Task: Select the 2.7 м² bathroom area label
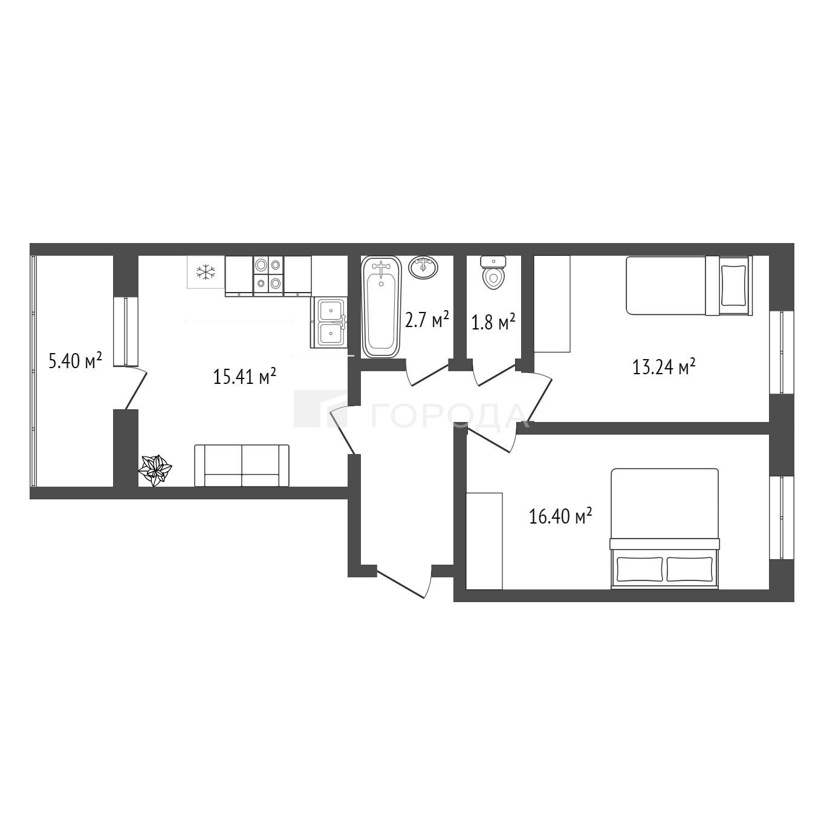427,319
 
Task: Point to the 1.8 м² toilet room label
493,322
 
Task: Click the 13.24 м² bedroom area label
664,366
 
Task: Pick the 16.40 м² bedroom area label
560,516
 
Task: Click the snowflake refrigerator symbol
206,272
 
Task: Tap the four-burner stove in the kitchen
268,276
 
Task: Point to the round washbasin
423,268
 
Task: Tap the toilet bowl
493,272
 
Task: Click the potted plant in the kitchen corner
155,470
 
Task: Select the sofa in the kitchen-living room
242,466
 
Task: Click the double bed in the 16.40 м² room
664,528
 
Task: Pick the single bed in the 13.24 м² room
689,285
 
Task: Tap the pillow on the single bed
734,285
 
